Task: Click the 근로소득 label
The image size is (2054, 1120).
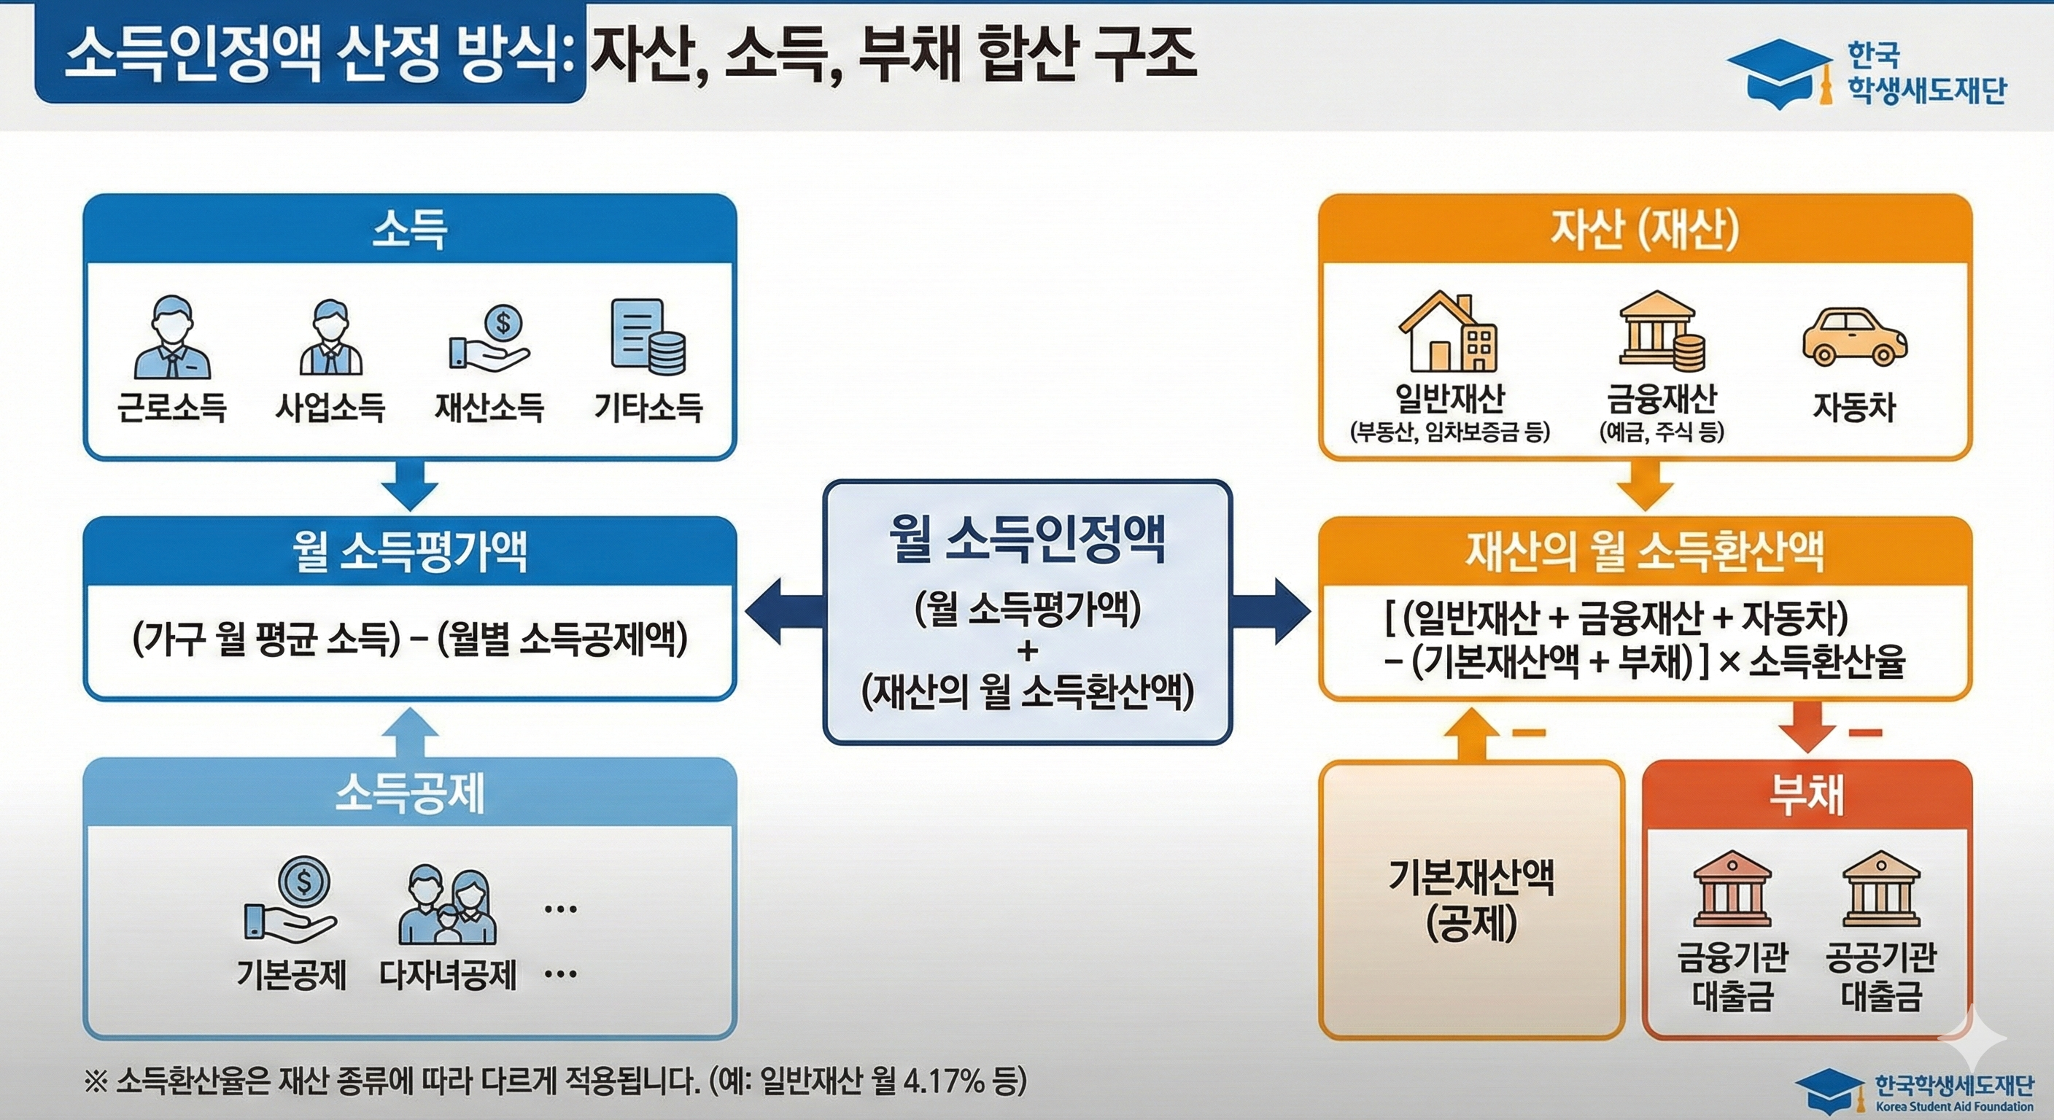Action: [171, 408]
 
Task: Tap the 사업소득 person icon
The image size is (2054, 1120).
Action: [331, 338]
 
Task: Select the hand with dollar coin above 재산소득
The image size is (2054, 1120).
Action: [489, 338]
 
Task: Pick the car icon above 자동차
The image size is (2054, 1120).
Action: [1855, 338]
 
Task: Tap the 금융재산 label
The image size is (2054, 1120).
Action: [1662, 398]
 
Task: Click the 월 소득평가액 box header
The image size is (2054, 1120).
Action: [410, 552]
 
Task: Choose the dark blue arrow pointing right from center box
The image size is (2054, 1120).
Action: [1272, 612]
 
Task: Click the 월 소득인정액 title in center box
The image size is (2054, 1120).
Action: [1027, 539]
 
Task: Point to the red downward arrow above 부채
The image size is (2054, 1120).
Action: [1807, 726]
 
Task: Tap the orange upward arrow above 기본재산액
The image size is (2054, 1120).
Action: [1472, 734]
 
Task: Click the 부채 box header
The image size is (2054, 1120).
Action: [1807, 795]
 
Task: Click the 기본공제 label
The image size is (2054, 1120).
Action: [292, 975]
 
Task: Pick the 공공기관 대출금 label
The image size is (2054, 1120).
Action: [1881, 977]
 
